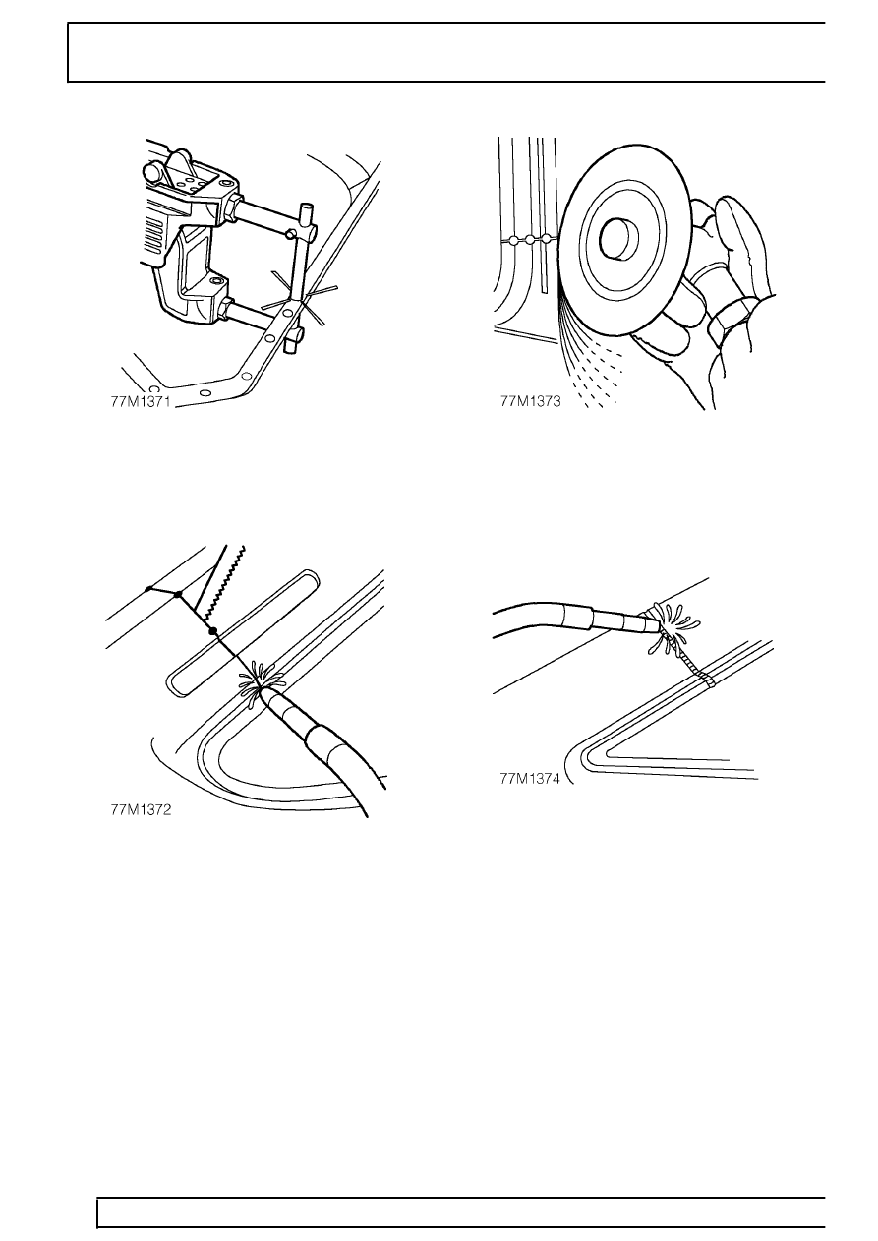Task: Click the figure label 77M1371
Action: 141,402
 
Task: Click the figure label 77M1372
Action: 141,810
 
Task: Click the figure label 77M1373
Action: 530,401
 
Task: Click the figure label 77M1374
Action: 530,779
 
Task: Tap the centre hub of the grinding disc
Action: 619,239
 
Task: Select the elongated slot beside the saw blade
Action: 244,632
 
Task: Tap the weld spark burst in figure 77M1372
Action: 261,680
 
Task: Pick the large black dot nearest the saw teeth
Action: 211,631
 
